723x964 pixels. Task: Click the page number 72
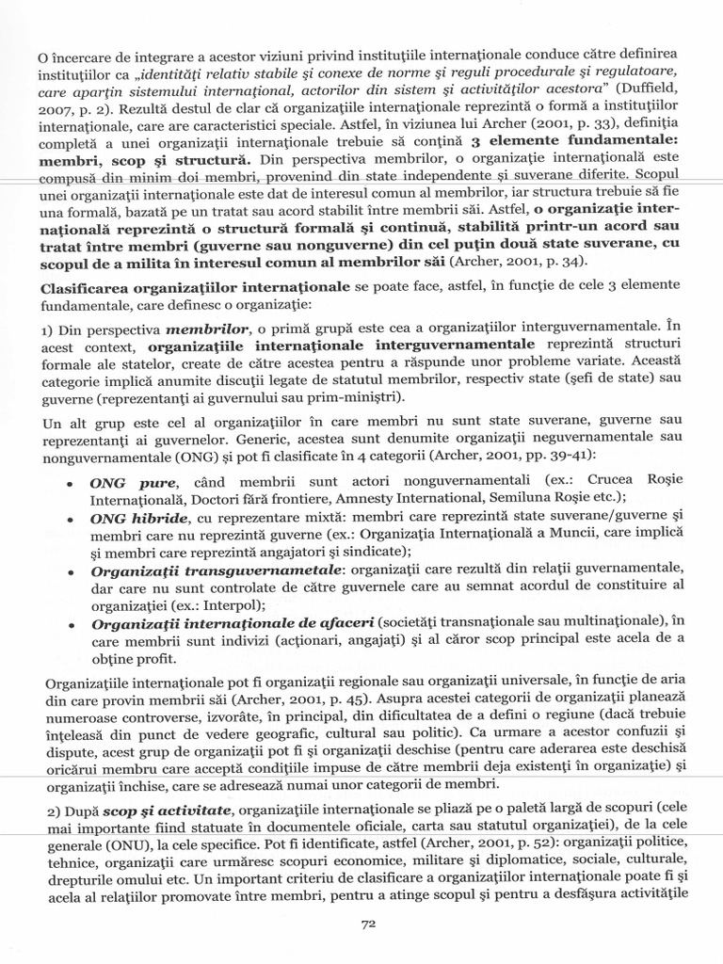pos(369,924)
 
